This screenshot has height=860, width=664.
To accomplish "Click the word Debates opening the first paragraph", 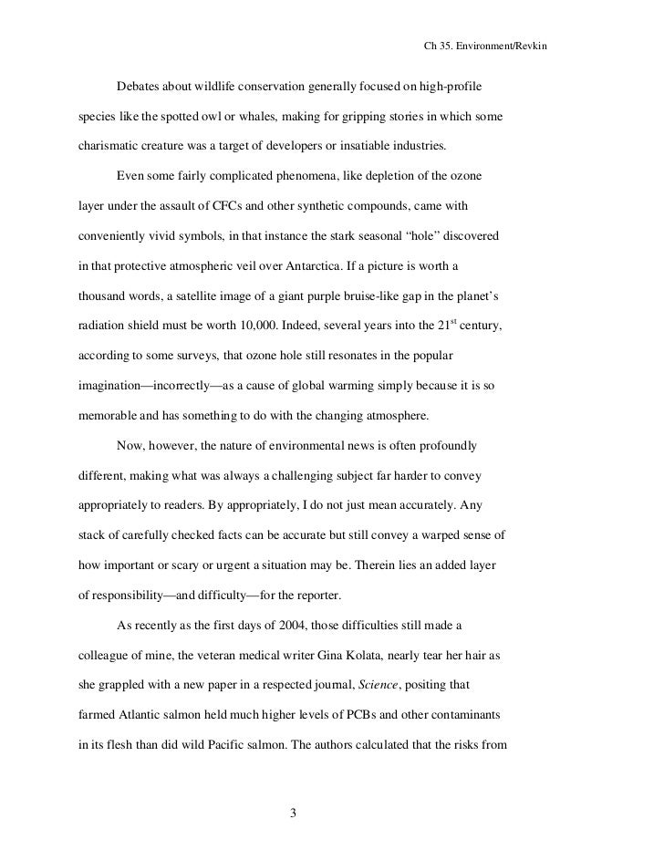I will [x=140, y=87].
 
